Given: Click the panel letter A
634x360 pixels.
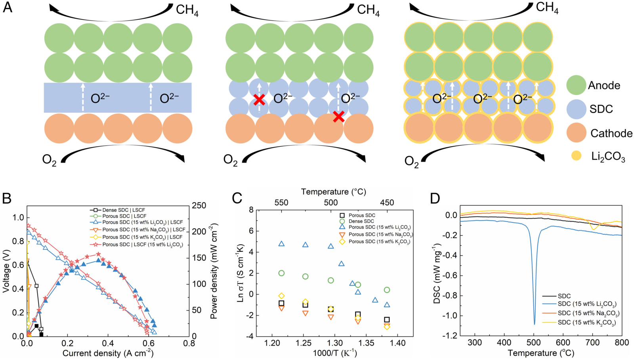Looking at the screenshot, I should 7,8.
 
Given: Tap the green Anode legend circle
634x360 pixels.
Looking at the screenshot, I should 576,85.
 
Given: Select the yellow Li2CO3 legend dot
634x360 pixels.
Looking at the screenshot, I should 576,156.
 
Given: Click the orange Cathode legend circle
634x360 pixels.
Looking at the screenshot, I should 576,133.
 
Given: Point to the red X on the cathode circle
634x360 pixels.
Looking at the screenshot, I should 338,117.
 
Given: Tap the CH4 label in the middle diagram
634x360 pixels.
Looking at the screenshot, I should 368,10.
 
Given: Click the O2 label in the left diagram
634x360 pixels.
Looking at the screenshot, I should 49,160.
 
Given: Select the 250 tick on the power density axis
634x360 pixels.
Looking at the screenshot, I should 199,205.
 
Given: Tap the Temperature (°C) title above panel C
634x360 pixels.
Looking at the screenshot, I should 333,192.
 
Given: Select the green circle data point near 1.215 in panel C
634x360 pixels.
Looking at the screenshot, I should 281,273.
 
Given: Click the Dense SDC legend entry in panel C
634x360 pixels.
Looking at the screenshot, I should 361,221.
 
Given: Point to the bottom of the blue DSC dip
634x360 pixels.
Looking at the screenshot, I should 534,324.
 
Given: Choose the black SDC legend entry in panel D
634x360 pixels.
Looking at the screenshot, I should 564,296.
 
